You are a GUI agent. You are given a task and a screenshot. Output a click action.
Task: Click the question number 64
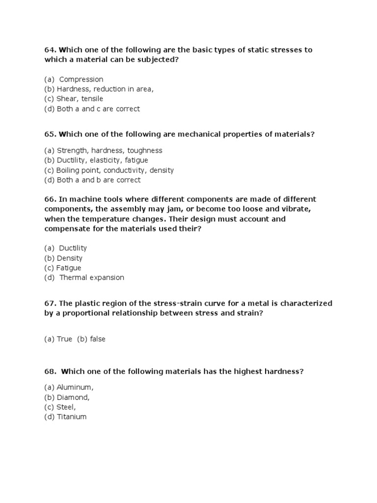[50, 50]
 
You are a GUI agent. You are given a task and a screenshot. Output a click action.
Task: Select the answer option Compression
[81, 80]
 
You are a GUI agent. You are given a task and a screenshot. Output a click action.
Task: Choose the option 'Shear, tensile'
[80, 99]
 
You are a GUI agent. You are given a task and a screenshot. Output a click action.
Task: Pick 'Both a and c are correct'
[98, 109]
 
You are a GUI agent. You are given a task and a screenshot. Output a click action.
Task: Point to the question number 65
[50, 134]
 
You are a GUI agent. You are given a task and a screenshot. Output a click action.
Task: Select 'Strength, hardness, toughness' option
[109, 151]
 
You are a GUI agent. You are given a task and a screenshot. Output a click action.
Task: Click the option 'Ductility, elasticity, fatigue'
[102, 161]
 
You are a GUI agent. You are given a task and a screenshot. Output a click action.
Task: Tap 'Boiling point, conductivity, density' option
[115, 170]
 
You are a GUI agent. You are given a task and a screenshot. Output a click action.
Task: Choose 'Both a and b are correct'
[98, 180]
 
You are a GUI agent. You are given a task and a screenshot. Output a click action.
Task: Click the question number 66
[50, 199]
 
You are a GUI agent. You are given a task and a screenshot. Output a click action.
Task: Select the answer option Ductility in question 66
[73, 249]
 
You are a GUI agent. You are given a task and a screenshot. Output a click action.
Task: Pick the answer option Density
[69, 258]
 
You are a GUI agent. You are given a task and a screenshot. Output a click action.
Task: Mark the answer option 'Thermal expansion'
[91, 278]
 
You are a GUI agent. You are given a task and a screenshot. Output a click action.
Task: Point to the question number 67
[50, 304]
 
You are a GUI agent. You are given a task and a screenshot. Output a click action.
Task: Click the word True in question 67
[64, 339]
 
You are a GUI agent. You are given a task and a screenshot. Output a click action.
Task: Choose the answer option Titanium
[71, 417]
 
